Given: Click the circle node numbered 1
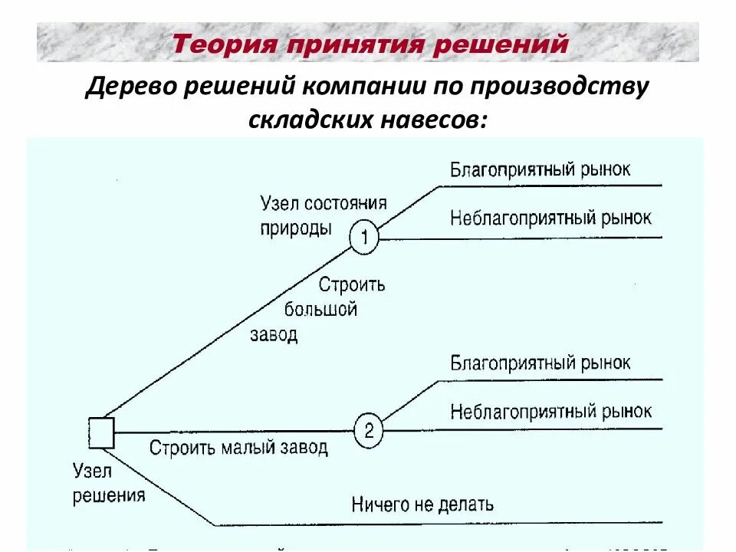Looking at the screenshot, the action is click(x=364, y=238).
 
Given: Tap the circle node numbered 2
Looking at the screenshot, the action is click(x=368, y=431).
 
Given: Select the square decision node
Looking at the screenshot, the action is click(x=101, y=432).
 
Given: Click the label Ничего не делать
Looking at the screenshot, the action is click(x=422, y=504).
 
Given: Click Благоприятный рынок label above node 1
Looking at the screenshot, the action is click(x=540, y=169).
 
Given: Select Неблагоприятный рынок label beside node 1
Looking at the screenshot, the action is click(x=550, y=218).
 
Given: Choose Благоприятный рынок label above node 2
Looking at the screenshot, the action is click(x=540, y=362).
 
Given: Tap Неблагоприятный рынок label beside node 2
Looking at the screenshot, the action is click(x=550, y=411).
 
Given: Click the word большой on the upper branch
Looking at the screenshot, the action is click(x=321, y=310).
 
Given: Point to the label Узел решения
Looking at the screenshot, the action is click(x=108, y=483).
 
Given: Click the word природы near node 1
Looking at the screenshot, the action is click(x=296, y=228).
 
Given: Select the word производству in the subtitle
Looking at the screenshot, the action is click(x=571, y=87).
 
